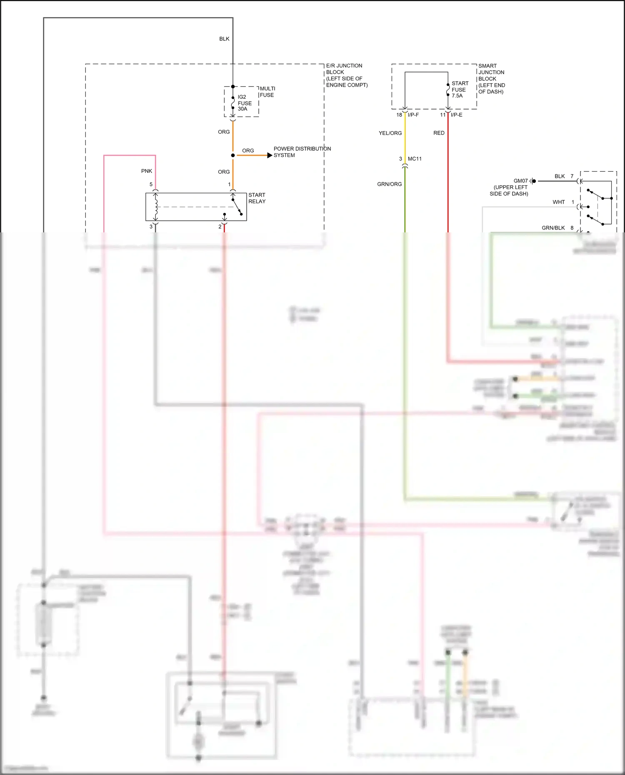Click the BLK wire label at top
click(224, 39)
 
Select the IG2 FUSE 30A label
click(244, 103)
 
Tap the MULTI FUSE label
click(267, 92)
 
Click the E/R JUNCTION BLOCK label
click(346, 75)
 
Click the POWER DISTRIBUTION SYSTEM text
click(302, 152)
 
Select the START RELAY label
click(257, 198)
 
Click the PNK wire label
click(147, 171)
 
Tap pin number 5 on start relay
click(151, 184)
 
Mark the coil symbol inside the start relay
click(156, 207)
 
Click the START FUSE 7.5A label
click(460, 90)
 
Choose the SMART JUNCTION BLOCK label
click(491, 79)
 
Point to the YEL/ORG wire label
click(390, 133)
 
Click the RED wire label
click(439, 133)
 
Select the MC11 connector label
click(415, 159)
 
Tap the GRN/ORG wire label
click(389, 184)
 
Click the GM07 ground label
click(520, 181)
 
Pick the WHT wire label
click(558, 202)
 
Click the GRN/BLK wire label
click(553, 228)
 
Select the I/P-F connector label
click(413, 115)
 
